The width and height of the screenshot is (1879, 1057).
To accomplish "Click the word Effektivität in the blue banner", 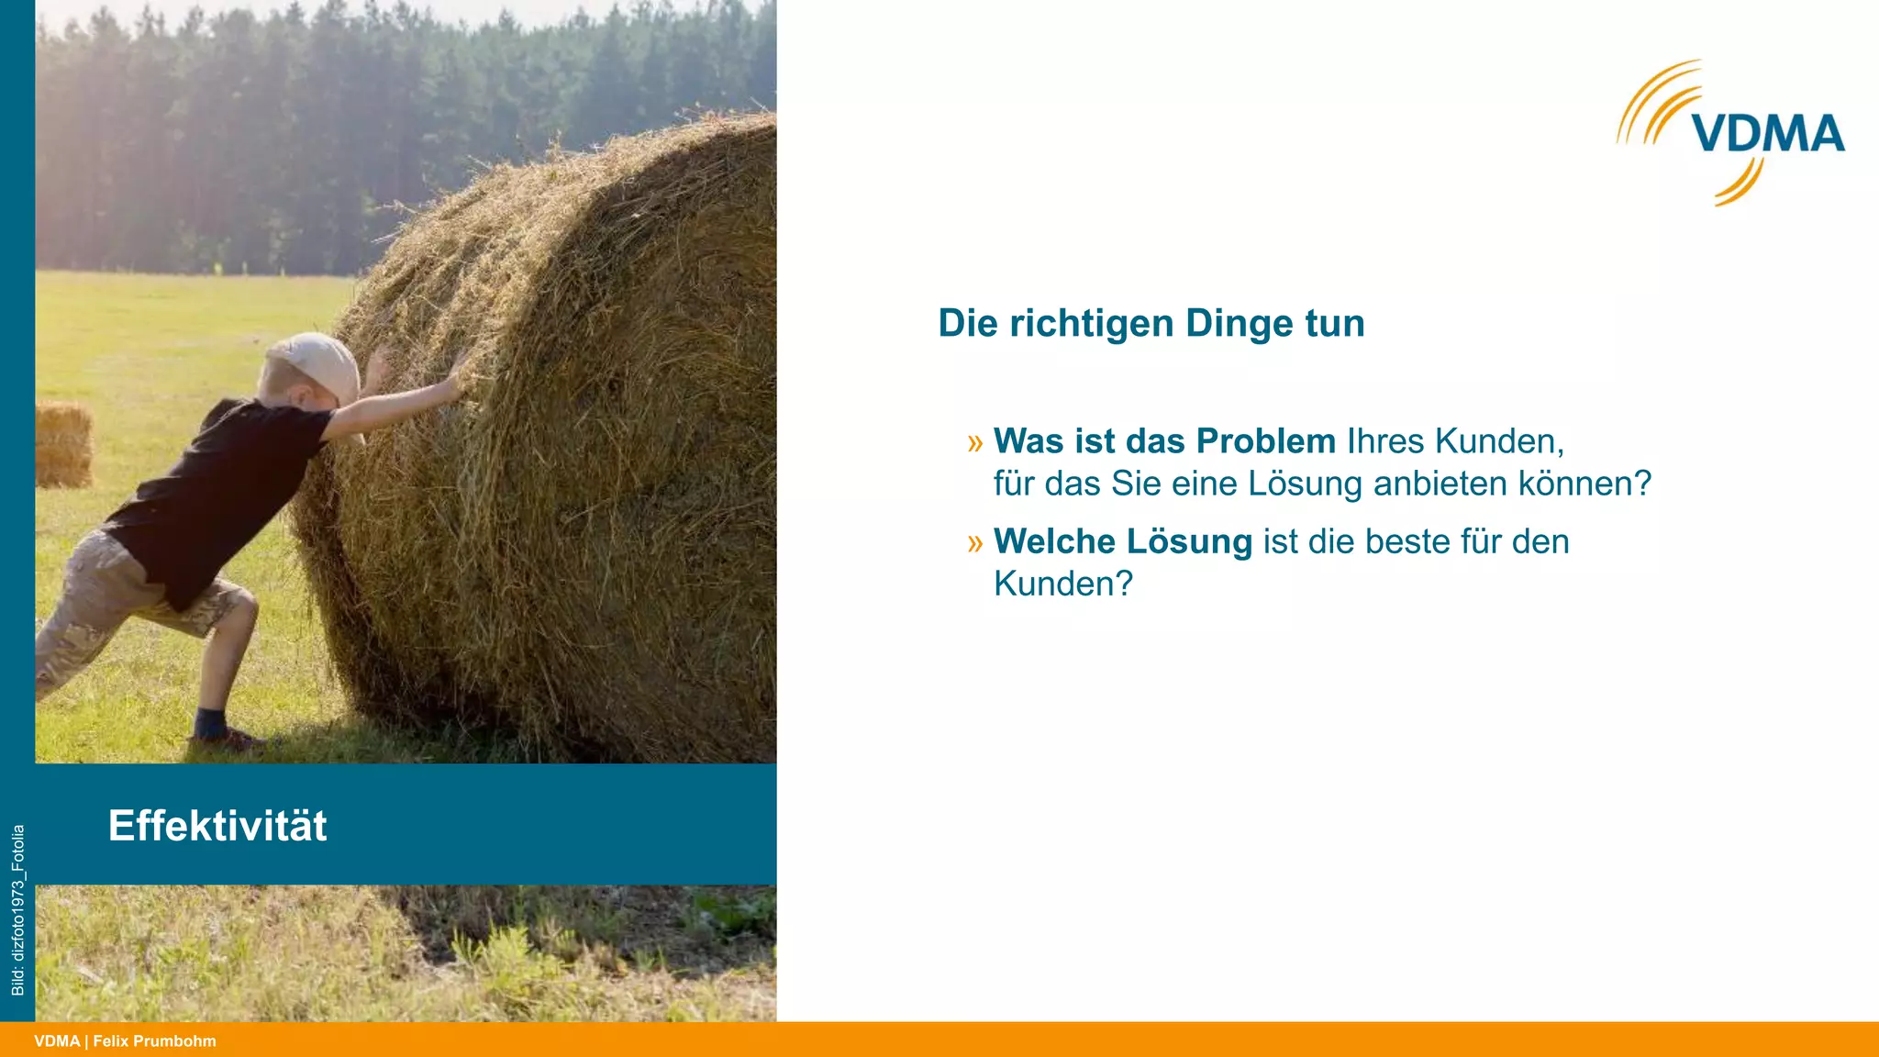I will click(x=217, y=826).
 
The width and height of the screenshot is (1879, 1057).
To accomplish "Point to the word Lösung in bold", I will click(x=1189, y=541).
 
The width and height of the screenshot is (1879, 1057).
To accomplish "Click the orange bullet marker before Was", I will click(x=974, y=443).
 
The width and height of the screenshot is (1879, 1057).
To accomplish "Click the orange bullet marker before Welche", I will click(x=974, y=543).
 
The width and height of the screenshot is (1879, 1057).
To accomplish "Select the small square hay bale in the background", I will click(x=63, y=444).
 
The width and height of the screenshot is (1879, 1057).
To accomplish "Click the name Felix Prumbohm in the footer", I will click(x=154, y=1041).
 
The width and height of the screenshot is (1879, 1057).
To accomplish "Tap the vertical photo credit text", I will click(x=17, y=909).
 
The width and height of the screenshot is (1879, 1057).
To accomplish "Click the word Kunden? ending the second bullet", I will click(x=1063, y=584).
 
